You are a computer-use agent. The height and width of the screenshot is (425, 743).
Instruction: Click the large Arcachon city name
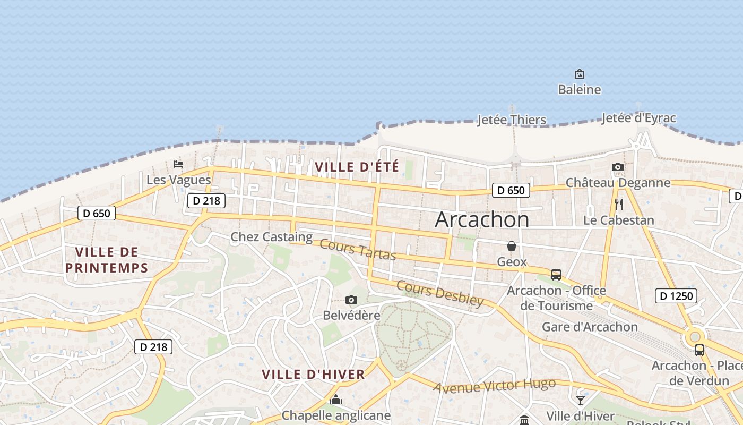pos(482,220)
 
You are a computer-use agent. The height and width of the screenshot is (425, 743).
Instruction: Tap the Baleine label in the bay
pos(580,89)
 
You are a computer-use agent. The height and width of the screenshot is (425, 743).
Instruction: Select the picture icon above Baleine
pos(580,74)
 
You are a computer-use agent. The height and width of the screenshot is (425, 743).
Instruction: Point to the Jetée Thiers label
pos(512,120)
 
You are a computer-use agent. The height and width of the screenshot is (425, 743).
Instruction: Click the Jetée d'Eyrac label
pos(638,118)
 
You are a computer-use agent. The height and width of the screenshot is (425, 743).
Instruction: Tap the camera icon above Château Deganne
pos(617,167)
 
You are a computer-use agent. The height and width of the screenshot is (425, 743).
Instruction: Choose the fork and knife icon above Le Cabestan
pos(618,205)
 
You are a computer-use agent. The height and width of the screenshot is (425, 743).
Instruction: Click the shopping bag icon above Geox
pos(512,246)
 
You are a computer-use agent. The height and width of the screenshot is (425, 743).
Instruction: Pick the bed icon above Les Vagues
pos(178,164)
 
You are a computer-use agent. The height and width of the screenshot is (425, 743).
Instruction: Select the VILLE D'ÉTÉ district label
pos(357,167)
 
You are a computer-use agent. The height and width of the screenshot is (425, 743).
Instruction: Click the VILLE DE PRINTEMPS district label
pos(107,260)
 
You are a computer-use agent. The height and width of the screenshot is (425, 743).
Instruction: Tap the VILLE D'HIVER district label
pos(313,375)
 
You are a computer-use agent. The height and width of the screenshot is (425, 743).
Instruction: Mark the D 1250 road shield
pos(676,296)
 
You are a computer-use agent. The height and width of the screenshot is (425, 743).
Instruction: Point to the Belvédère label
pos(351,316)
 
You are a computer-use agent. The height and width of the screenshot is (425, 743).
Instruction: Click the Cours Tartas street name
pos(358,250)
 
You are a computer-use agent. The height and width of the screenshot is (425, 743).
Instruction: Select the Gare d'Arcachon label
pos(590,327)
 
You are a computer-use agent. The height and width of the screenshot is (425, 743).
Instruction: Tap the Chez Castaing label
pos(271,237)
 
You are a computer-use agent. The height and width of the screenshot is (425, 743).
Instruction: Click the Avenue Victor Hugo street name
pos(494,386)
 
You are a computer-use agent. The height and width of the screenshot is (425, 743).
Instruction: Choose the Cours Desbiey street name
pos(440,293)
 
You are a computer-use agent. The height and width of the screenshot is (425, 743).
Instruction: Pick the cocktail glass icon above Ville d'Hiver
pos(581,400)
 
